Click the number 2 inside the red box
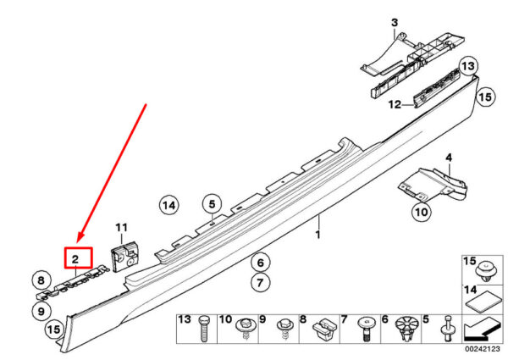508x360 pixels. [75, 259]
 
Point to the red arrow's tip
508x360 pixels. [77, 242]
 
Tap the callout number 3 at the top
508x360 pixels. [395, 23]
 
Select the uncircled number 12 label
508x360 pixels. [395, 105]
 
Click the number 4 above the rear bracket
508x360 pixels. [449, 158]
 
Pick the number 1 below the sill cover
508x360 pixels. [317, 235]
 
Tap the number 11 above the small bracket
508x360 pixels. [122, 228]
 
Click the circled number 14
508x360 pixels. [169, 205]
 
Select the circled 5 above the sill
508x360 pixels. [212, 204]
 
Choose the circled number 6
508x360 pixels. [261, 263]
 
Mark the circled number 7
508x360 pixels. [261, 283]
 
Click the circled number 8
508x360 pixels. [41, 280]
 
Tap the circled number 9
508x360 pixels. [41, 312]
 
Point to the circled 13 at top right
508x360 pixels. [468, 66]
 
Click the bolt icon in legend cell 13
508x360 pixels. [204, 329]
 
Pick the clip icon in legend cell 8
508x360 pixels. [325, 329]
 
